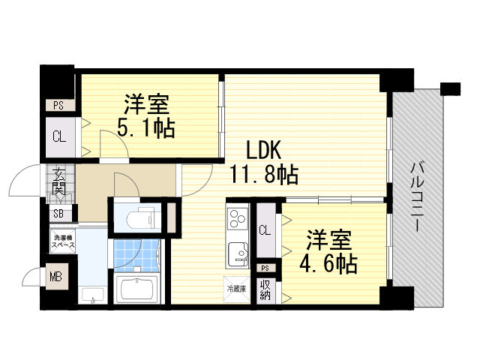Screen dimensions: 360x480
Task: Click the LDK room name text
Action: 262,148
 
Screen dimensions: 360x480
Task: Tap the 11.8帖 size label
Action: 264,175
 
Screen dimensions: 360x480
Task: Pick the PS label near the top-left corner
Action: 58,106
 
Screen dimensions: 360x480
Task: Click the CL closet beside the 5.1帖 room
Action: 58,136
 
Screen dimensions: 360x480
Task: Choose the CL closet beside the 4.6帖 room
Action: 264,231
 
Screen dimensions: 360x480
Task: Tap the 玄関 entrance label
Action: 58,182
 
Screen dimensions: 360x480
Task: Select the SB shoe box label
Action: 58,213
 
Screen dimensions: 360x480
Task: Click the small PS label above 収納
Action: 265,268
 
